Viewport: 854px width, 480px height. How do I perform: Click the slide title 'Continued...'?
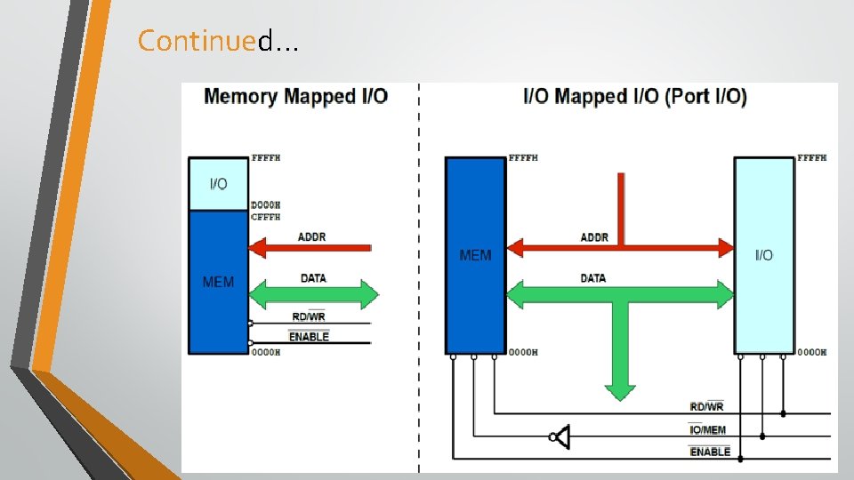click(x=218, y=40)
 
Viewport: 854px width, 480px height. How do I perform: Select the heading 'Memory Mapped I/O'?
click(x=295, y=96)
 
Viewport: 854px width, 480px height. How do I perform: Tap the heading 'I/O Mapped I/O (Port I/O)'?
click(x=635, y=96)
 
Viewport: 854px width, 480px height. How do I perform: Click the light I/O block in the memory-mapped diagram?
click(x=219, y=184)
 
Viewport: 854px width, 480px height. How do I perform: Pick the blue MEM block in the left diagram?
click(x=219, y=282)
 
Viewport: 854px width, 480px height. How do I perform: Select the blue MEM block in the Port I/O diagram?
click(x=475, y=255)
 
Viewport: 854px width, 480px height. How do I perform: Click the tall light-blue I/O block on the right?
click(x=764, y=255)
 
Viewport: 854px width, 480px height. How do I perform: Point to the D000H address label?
click(x=266, y=205)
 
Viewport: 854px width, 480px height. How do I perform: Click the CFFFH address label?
click(x=266, y=217)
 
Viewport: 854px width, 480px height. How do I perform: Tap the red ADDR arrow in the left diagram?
click(x=310, y=248)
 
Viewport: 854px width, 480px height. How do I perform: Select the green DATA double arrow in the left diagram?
click(x=314, y=295)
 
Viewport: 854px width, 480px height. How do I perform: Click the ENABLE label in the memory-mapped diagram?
click(x=309, y=336)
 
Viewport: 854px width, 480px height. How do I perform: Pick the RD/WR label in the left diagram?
click(x=309, y=316)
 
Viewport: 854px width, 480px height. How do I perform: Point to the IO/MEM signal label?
click(x=707, y=429)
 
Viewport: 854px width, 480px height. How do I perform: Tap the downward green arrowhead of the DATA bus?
click(x=620, y=392)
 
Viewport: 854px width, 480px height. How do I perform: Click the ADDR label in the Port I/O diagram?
click(x=594, y=237)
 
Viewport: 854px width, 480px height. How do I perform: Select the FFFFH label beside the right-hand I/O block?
click(x=812, y=158)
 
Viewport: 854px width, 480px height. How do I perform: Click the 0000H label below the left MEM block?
click(x=266, y=352)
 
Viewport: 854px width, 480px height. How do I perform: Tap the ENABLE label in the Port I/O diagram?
click(x=710, y=452)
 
